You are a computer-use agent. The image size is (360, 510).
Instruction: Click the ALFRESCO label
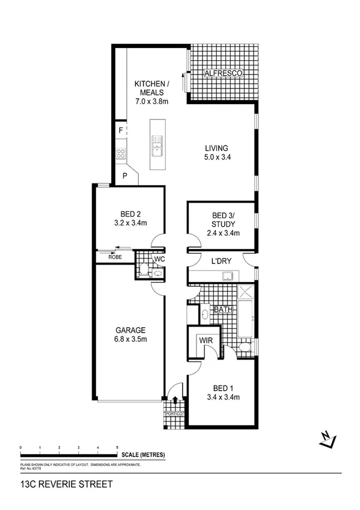coord(223,73)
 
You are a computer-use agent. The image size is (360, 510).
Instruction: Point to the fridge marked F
coord(121,129)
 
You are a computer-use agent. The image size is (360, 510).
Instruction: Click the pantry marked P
coord(125,176)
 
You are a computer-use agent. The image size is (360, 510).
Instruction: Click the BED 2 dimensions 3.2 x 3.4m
coord(131,223)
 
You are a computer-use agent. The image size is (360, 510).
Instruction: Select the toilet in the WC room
coord(144,271)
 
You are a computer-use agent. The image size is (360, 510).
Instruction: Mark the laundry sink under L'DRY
coord(228,276)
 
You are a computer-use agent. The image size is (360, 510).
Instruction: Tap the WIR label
coord(205,341)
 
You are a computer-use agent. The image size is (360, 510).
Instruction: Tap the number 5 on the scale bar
coord(117,448)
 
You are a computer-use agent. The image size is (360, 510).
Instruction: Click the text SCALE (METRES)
coord(143,455)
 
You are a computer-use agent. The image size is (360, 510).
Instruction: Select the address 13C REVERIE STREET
coord(58,484)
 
